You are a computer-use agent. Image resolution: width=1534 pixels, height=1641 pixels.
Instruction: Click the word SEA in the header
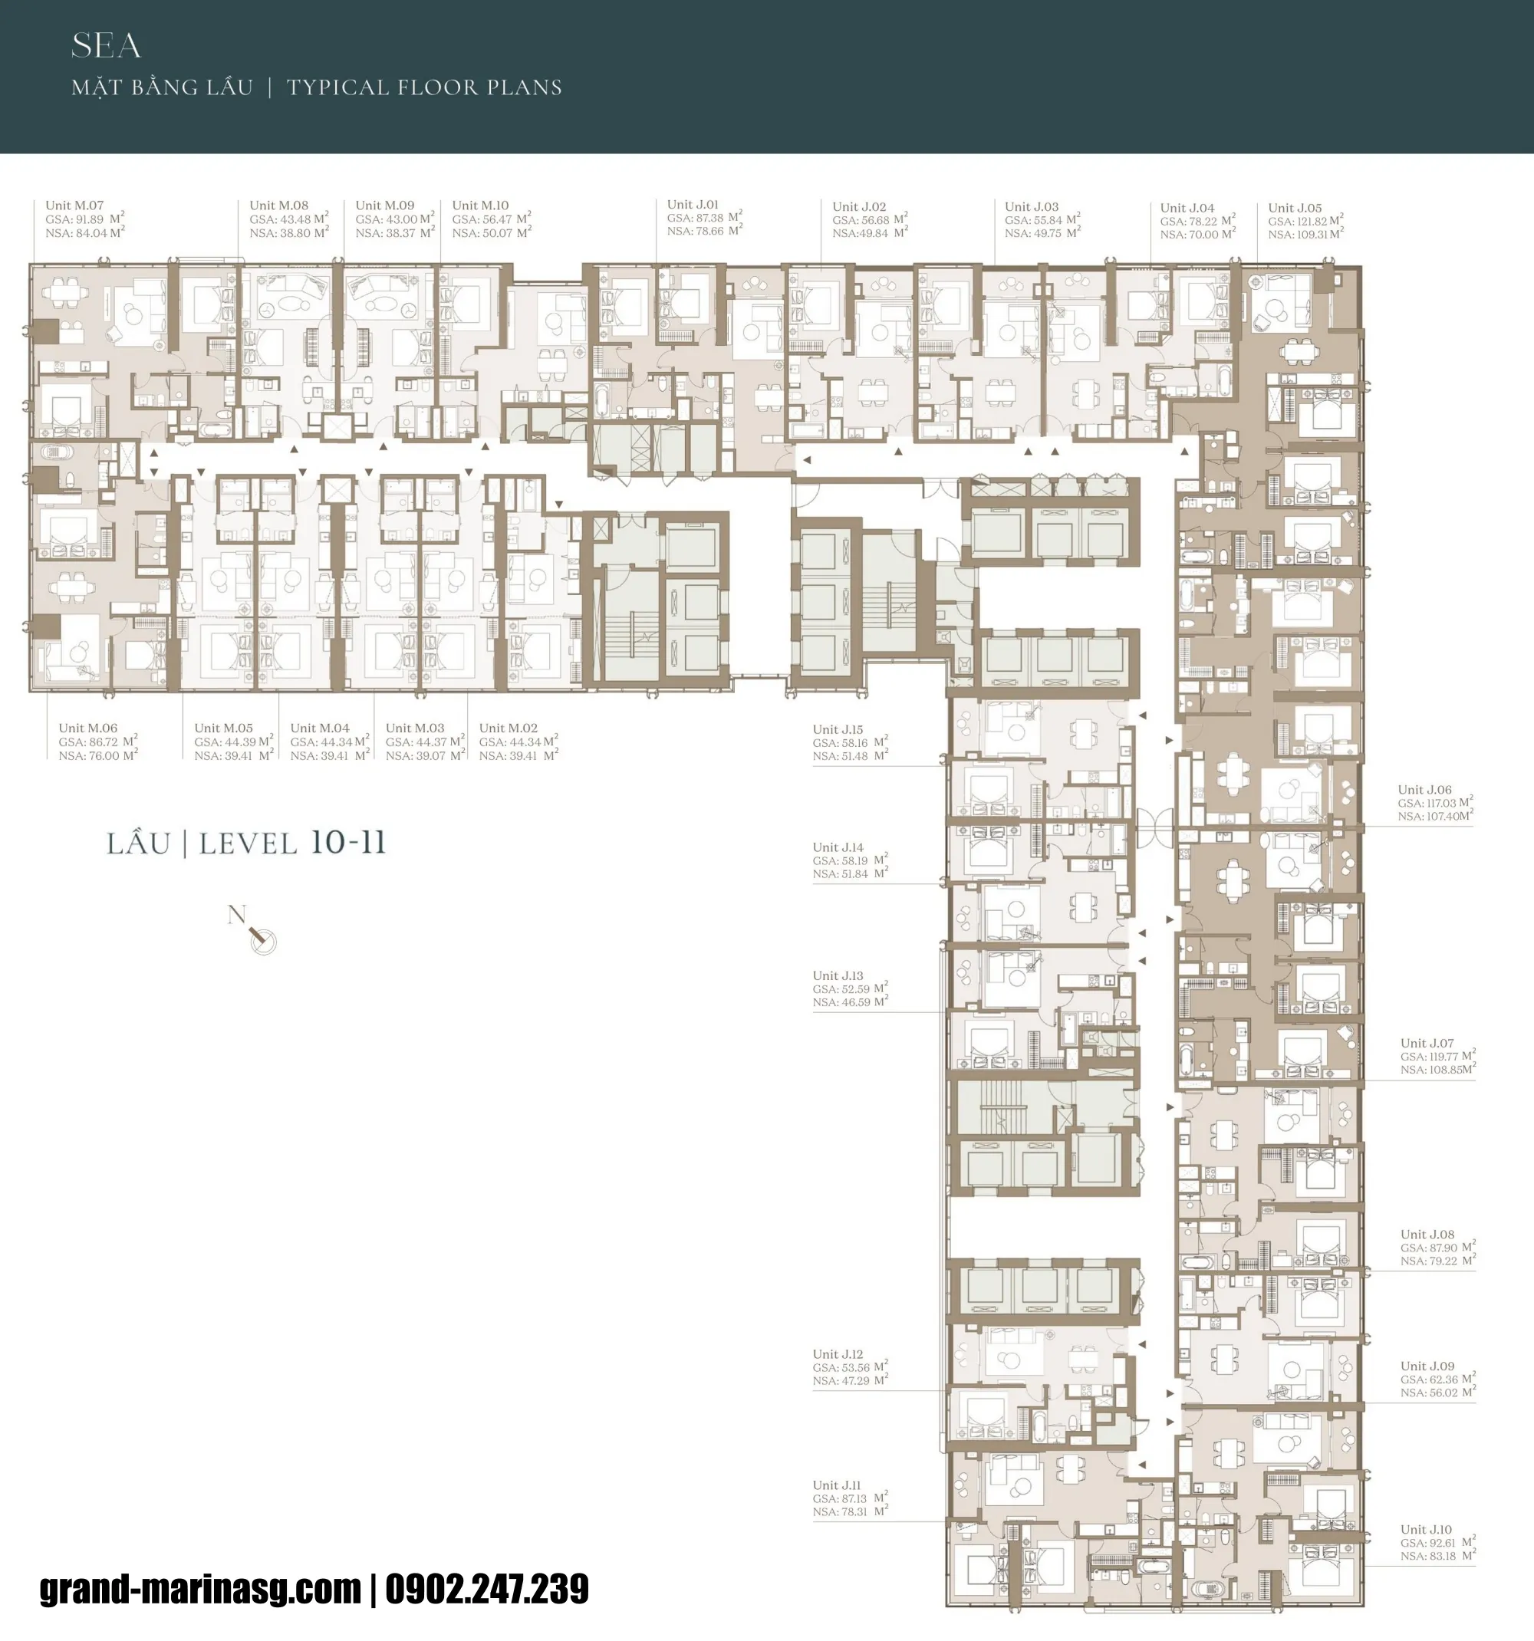tap(106, 46)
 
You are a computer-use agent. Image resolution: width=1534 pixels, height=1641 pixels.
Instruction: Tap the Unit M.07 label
tap(74, 206)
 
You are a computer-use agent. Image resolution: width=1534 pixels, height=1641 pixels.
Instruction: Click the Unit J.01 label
tap(693, 205)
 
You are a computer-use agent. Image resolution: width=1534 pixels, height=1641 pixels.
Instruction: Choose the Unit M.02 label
tap(508, 728)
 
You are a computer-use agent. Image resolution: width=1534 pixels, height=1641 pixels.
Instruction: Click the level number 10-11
tap(347, 843)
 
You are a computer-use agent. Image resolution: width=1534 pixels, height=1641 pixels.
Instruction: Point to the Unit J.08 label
tap(1427, 1235)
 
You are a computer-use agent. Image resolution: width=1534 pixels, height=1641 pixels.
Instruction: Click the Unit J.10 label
tap(1426, 1530)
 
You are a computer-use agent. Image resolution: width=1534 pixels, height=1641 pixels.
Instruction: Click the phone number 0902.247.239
tap(487, 1589)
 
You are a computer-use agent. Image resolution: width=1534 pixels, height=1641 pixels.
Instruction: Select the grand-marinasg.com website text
tap(201, 1589)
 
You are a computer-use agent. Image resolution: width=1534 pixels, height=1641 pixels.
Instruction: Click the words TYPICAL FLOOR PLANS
tap(423, 87)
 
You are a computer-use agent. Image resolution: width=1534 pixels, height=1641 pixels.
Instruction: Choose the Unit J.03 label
tap(1031, 207)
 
